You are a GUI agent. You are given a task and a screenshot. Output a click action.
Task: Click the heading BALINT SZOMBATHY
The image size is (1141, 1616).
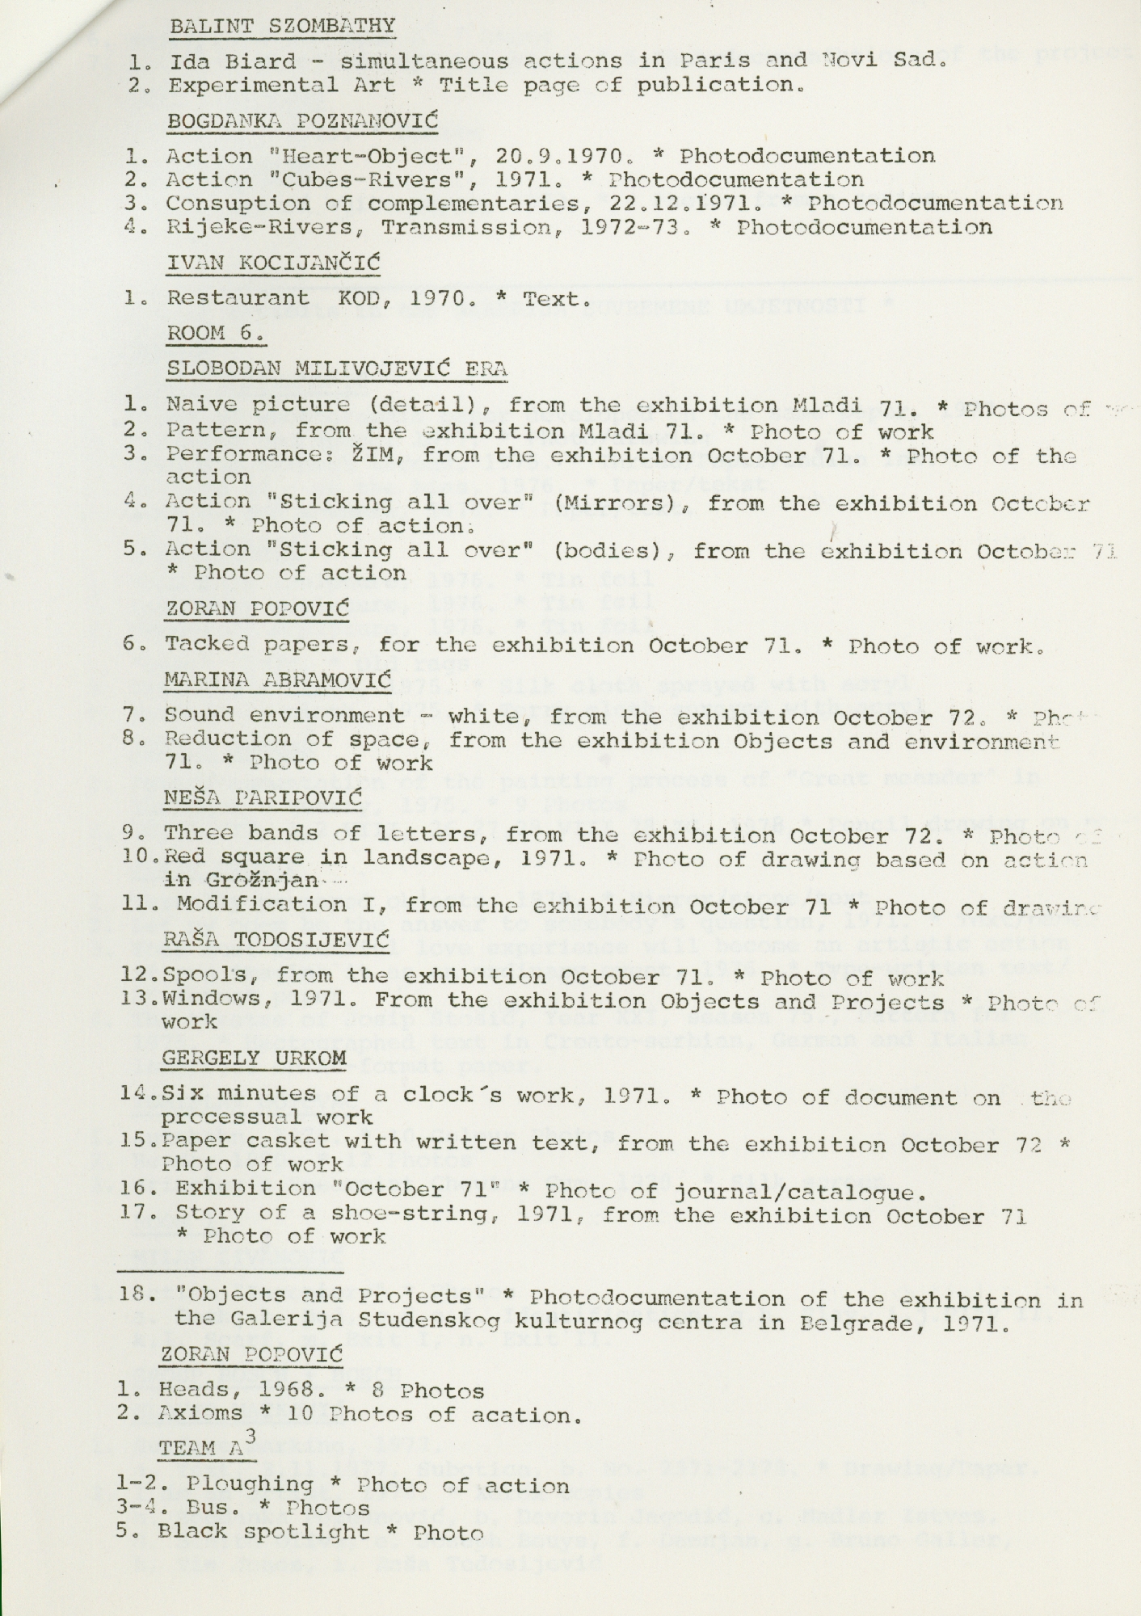(x=282, y=25)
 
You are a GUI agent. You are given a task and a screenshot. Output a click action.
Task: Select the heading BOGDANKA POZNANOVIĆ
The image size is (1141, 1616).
(x=302, y=121)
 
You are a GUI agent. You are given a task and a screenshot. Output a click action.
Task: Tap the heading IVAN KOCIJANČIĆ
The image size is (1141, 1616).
(x=273, y=263)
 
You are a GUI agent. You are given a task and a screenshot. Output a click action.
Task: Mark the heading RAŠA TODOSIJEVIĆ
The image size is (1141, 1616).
(x=276, y=941)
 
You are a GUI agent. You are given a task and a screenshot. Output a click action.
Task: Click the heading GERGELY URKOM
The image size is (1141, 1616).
(x=254, y=1058)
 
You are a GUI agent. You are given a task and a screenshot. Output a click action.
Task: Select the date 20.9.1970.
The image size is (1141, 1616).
(x=575, y=156)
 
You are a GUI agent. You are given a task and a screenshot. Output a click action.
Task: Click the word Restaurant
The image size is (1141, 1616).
(x=238, y=297)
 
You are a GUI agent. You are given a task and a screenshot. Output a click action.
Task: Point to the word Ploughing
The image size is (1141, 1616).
(x=249, y=1484)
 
